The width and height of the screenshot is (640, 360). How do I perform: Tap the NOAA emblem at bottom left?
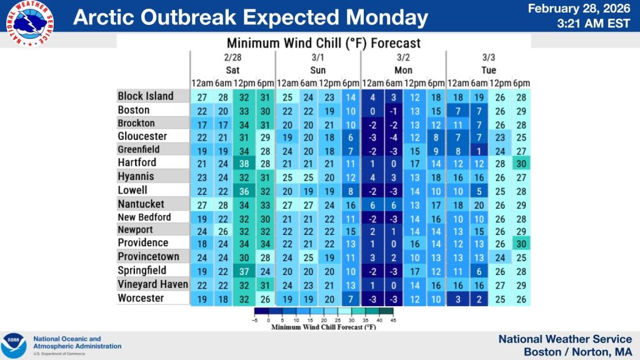(x=14, y=346)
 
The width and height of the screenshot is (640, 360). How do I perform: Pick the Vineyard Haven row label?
(x=152, y=284)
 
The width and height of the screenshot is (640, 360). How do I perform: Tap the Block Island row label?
(x=146, y=96)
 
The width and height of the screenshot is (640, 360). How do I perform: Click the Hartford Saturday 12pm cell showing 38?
(x=244, y=163)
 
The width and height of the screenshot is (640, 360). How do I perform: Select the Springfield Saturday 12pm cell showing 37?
(x=244, y=271)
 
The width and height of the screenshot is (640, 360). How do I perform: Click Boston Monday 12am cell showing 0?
(x=372, y=110)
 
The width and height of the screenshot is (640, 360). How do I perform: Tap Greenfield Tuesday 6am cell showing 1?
(x=479, y=150)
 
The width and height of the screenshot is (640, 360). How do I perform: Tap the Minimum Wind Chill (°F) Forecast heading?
(x=323, y=44)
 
